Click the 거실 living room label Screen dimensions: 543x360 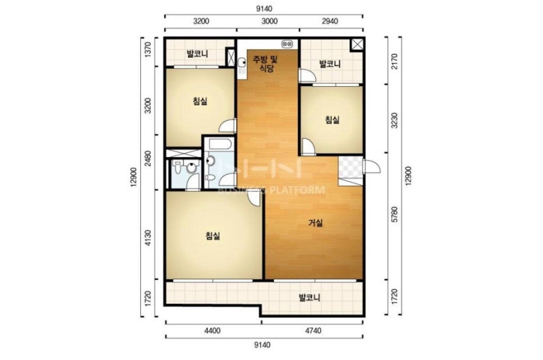point(315,223)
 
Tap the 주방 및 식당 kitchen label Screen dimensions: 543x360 point(266,64)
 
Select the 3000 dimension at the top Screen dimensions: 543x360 point(270,21)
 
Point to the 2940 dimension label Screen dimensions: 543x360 point(330,21)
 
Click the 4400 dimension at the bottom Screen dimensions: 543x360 point(213,331)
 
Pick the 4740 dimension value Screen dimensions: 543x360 point(313,331)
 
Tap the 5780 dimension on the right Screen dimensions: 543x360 point(395,214)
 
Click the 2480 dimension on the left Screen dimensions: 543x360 point(148,159)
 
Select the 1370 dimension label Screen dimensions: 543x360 point(148,50)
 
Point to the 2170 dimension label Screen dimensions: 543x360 point(395,62)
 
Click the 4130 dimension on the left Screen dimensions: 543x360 point(148,238)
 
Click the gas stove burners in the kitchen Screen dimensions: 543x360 point(287,44)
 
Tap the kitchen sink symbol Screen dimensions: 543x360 point(242,65)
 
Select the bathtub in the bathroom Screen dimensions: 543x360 point(220,144)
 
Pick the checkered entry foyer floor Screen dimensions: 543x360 point(351,167)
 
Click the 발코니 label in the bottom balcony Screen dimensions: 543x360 point(310,297)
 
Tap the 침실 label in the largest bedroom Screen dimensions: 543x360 point(213,236)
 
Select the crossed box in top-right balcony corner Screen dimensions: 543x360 point(357,45)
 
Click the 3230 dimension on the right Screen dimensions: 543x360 point(395,120)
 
